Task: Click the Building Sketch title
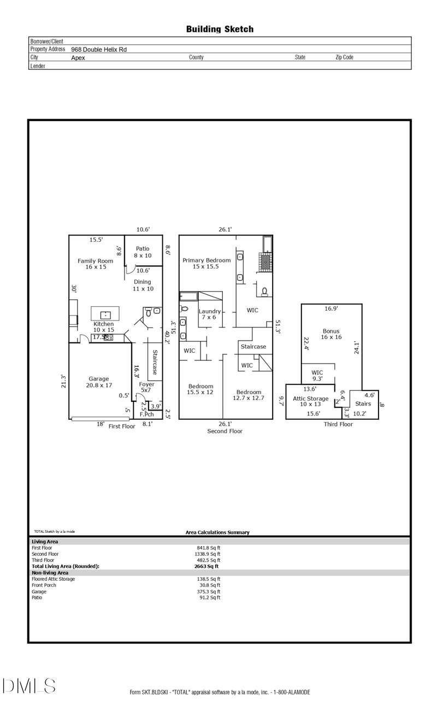click(220, 29)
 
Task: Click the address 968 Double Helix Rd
click(99, 49)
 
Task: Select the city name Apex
click(78, 57)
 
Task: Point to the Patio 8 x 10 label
click(142, 252)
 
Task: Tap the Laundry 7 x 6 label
click(210, 314)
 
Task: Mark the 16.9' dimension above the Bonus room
click(331, 308)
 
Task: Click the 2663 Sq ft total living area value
click(207, 566)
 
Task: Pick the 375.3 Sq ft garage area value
click(208, 591)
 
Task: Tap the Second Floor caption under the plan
click(225, 431)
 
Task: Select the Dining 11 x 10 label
click(143, 285)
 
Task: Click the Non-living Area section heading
click(50, 573)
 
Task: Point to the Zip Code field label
click(344, 57)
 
